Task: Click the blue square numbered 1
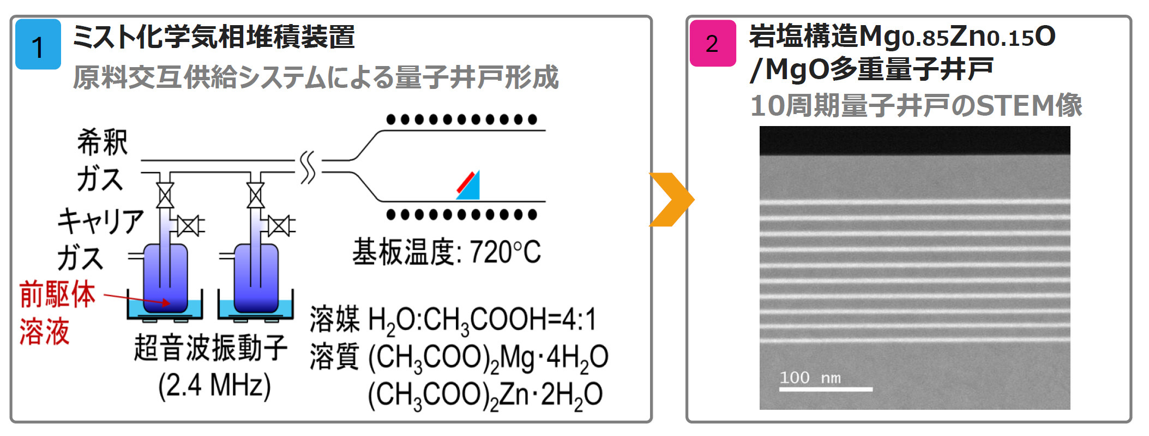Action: pos(38,44)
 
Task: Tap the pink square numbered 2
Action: pos(712,43)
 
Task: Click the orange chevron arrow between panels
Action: pos(671,199)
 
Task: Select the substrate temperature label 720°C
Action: pos(446,252)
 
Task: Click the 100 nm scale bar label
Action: pos(810,378)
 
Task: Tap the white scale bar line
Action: pos(826,389)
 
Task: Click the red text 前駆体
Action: pos(57,295)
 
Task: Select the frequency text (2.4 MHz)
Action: pos(214,386)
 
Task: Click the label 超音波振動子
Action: pos(210,348)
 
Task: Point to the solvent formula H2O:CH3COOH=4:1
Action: pos(483,320)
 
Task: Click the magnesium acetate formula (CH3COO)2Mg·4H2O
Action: pos(488,359)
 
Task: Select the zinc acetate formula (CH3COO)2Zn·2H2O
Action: pos(485,395)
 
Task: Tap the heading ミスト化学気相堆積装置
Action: pos(214,37)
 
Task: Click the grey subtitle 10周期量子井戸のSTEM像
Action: pos(916,105)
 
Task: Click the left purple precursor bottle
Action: pos(165,278)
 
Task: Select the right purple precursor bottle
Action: pos(256,278)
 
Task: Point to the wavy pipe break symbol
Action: pos(308,168)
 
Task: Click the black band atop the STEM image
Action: pos(915,141)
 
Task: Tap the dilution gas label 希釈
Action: pos(103,142)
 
